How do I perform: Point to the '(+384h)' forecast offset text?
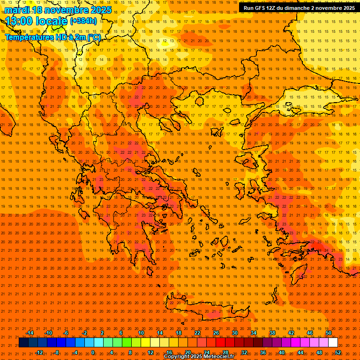[x=83, y=21]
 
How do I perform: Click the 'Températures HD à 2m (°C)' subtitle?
[x=52, y=37]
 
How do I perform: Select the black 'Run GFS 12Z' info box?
[x=299, y=7]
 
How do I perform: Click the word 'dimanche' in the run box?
[x=307, y=7]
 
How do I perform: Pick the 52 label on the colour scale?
[x=338, y=352]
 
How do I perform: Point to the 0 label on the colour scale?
[x=93, y=352]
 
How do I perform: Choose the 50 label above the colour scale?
[x=329, y=333]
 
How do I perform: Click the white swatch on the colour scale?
[x=333, y=343]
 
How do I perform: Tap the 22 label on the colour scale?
[x=197, y=333]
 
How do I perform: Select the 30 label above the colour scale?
[x=235, y=333]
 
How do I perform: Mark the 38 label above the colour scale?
[x=272, y=333]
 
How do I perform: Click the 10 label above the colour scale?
[x=141, y=333]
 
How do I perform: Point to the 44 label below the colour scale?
[x=300, y=352]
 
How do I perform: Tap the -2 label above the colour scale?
[x=84, y=333]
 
